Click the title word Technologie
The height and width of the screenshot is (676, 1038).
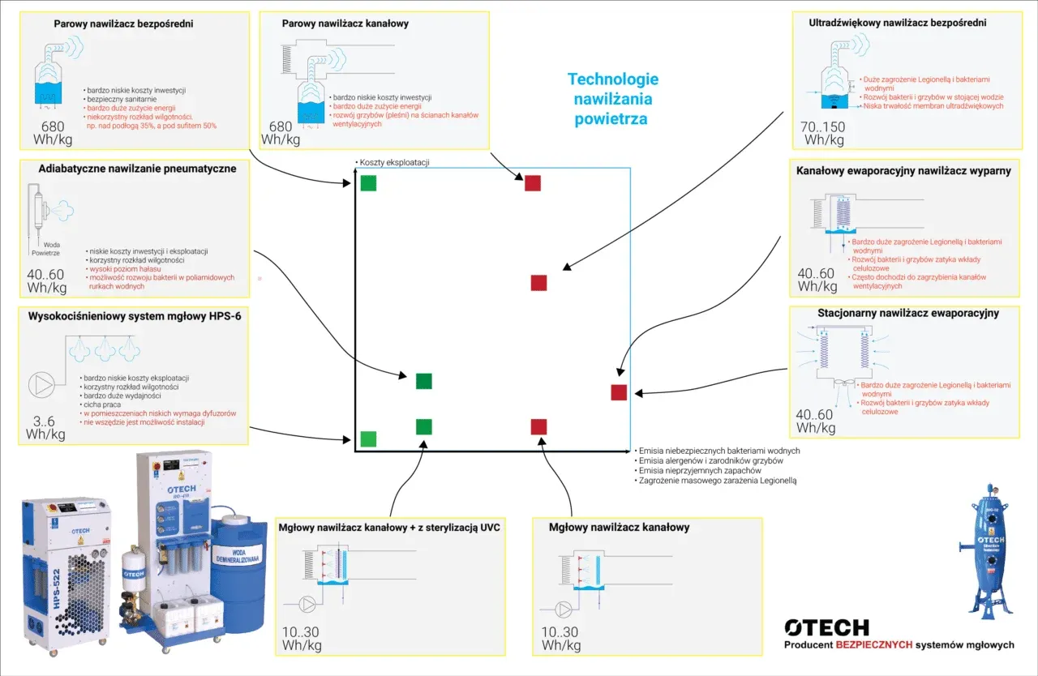click(613, 79)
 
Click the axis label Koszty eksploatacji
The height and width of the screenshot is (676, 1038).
click(394, 162)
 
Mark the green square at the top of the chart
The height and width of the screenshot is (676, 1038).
click(369, 183)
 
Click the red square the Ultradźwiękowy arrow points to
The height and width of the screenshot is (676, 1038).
click(538, 283)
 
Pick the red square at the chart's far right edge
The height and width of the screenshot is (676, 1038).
click(619, 392)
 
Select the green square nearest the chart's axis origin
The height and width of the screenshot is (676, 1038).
click(368, 439)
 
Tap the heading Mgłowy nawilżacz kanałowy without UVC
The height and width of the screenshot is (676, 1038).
click(619, 528)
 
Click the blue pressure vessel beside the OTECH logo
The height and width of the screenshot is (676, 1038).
click(990, 551)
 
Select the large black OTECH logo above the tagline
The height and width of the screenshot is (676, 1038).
click(826, 627)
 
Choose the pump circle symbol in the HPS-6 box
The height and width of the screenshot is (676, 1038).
click(41, 384)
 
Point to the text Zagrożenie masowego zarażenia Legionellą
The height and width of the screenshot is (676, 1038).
click(718, 481)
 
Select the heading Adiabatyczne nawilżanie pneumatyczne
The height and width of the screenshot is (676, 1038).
click(137, 169)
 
